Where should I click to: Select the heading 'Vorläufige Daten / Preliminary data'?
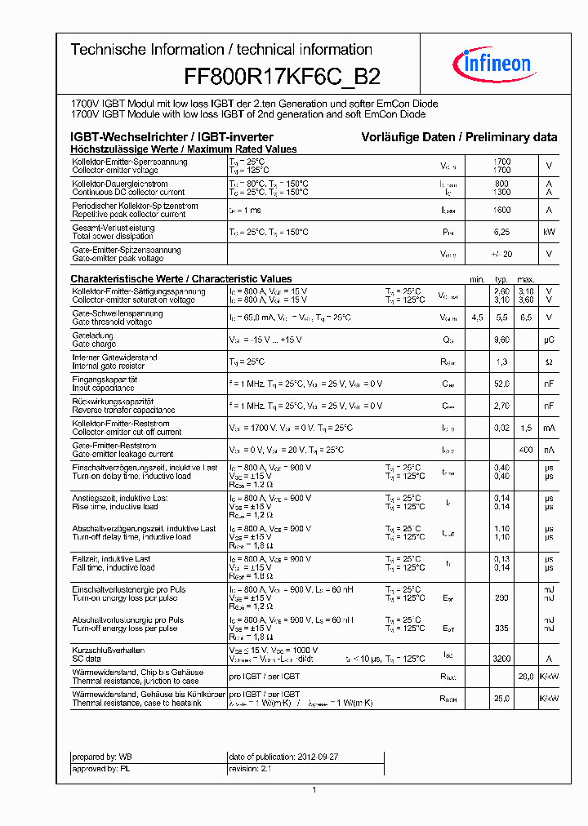tap(460, 137)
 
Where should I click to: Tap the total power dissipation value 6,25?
tap(502, 233)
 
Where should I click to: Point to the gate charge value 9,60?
tap(502, 340)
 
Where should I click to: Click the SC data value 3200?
tap(502, 657)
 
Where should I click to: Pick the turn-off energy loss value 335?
tap(502, 628)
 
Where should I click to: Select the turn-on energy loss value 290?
tap(502, 598)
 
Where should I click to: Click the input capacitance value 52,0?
tap(502, 384)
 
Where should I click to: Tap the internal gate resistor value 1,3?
tap(502, 362)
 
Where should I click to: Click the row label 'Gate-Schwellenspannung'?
tap(118, 313)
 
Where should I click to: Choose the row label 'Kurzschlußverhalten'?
tap(109, 650)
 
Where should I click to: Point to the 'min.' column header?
tap(478, 279)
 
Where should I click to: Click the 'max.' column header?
tap(526, 279)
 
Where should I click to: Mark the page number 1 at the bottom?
tap(314, 789)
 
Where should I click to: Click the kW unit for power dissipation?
tap(549, 233)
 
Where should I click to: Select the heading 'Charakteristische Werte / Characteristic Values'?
tap(181, 279)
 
